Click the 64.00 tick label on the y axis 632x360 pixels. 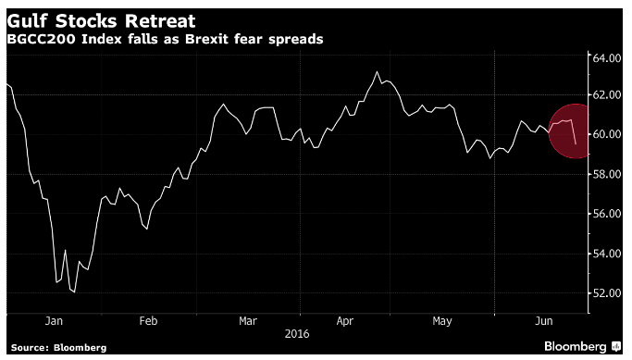[607, 58]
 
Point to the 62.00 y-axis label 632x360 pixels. [607, 95]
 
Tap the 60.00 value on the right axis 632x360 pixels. [607, 134]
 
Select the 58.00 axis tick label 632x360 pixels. [607, 174]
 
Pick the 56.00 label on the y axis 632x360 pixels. [607, 214]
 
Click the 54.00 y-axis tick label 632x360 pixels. [607, 254]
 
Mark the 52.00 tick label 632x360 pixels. [607, 293]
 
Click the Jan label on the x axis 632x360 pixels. [54, 321]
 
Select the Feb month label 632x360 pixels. [148, 321]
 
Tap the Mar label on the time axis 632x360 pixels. [247, 321]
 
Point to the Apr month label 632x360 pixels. [345, 321]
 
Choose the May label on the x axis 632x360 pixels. [442, 322]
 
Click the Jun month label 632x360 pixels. [544, 321]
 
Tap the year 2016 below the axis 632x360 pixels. [297, 334]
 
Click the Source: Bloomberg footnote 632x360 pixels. [59, 347]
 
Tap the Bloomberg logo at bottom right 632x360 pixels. [582, 346]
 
